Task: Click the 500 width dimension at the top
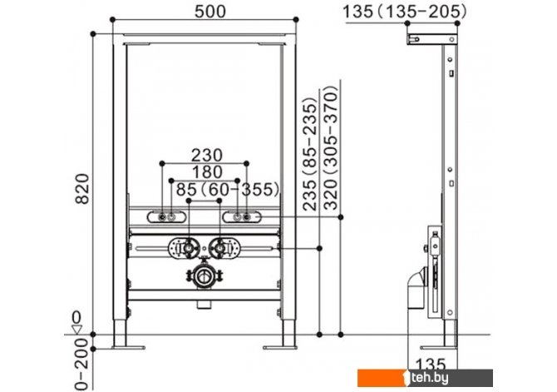point(210,12)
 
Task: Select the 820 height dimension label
point(83,189)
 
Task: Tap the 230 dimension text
point(207,156)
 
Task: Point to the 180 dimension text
point(207,172)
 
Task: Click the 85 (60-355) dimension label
point(228,189)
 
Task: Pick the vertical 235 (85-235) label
point(310,154)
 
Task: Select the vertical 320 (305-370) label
point(330,147)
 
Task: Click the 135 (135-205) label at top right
point(405,12)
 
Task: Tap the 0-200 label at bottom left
point(81,364)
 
